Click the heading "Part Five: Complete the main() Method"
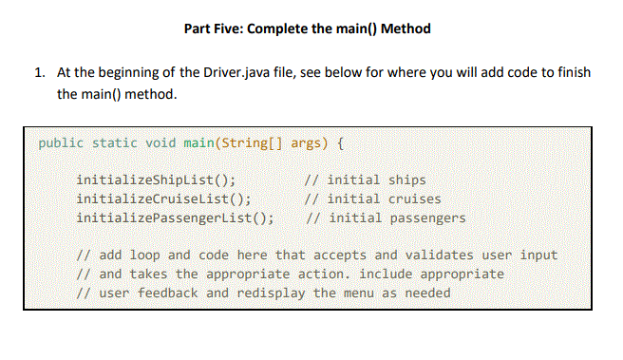(x=307, y=28)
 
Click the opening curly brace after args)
(x=341, y=143)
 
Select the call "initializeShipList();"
(x=156, y=180)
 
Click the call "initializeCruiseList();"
(x=163, y=199)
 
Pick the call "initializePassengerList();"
(x=176, y=218)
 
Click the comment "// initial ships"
(x=364, y=180)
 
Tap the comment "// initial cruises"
(x=371, y=199)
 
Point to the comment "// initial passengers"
(x=383, y=218)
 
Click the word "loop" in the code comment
(x=144, y=255)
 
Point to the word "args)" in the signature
(x=310, y=143)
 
